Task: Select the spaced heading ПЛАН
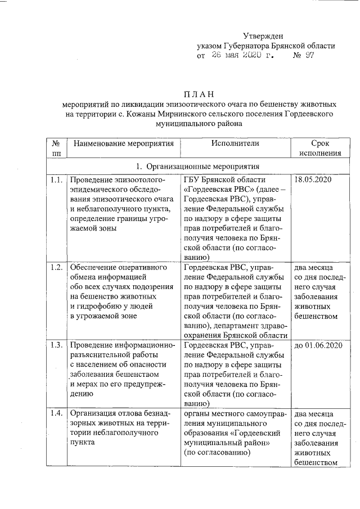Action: click(200, 94)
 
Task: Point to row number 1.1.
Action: click(55, 180)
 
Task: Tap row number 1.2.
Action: click(55, 267)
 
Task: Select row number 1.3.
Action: click(55, 344)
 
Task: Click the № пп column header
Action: click(56, 148)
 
